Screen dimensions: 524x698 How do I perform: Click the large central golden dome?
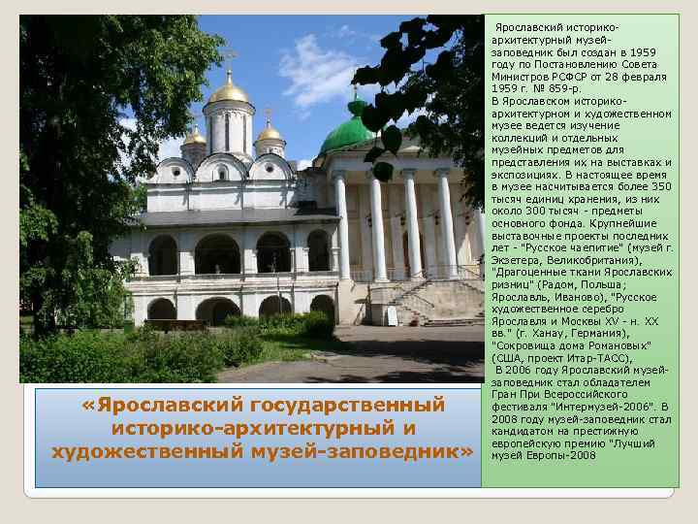point(229,91)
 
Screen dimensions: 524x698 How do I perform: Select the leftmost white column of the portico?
point(342,226)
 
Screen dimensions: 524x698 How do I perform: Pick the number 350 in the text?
point(661,186)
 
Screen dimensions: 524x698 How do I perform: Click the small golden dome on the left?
point(194,137)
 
